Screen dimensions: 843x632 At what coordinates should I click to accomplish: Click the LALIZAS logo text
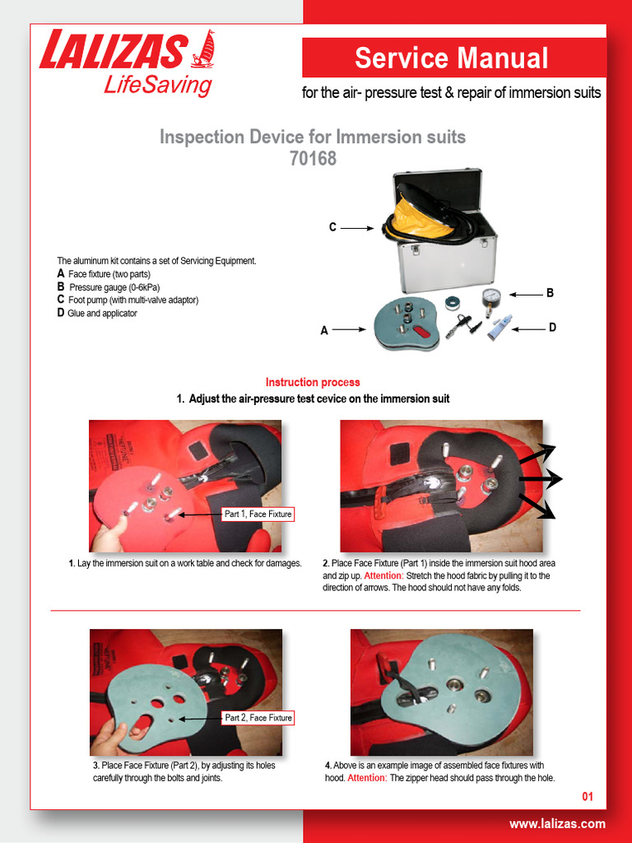(x=112, y=51)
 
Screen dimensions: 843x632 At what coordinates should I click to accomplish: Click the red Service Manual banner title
(x=451, y=58)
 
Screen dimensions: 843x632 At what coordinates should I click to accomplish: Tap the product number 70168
(x=313, y=158)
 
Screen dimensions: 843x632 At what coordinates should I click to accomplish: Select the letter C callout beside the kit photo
(x=332, y=227)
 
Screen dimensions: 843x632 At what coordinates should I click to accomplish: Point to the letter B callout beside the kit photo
(x=551, y=293)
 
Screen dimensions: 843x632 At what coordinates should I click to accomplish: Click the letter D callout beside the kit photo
(x=551, y=328)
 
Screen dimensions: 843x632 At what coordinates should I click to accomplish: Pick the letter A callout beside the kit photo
(x=324, y=331)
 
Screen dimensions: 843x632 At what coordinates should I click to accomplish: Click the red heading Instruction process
(x=313, y=382)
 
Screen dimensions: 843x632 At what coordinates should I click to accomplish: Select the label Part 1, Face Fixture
(x=258, y=514)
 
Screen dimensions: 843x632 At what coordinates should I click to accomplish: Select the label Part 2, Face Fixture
(x=258, y=718)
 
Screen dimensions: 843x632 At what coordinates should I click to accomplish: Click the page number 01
(x=587, y=797)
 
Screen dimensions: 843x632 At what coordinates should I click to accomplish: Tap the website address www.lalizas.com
(x=557, y=824)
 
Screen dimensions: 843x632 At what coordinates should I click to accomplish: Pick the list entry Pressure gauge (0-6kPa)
(x=114, y=287)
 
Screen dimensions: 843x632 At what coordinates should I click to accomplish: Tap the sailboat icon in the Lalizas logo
(x=202, y=49)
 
